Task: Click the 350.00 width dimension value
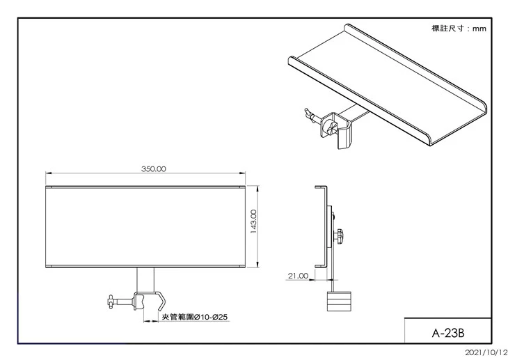(x=154, y=169)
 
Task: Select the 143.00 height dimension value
(x=254, y=222)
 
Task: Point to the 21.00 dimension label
(x=298, y=276)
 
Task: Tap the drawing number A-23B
(x=448, y=333)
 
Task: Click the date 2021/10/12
(x=486, y=352)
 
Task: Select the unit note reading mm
(x=479, y=29)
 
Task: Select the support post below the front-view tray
(x=145, y=280)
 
